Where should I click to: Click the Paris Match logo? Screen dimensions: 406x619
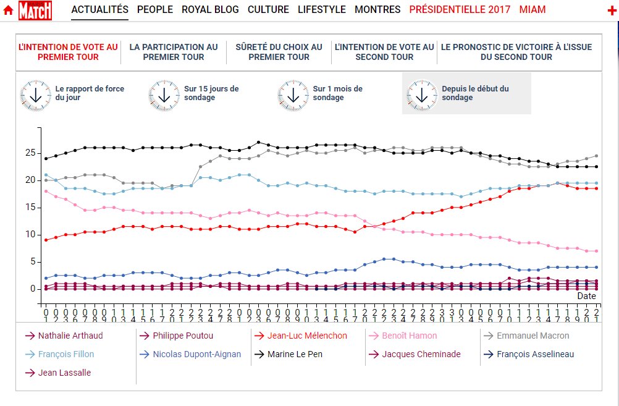coord(35,10)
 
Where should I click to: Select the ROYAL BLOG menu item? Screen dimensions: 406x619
coord(210,9)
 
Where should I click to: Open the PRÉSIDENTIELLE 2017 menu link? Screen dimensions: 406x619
coord(460,9)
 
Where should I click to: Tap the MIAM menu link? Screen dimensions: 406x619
coord(533,9)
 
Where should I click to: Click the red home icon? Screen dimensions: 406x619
coord(9,10)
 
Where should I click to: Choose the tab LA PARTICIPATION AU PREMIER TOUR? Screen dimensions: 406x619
coord(174,52)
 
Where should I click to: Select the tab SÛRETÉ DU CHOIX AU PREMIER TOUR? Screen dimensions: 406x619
coord(279,52)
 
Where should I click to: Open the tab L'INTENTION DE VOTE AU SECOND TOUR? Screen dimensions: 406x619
coord(384,52)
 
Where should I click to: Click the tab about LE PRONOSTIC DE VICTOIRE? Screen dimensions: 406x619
coord(516,52)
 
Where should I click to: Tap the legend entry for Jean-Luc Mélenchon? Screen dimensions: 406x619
coord(307,336)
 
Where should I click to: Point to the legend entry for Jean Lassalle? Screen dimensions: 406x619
coord(64,373)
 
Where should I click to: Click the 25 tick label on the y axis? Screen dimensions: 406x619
coord(29,153)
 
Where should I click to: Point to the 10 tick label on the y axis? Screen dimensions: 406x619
coord(29,234)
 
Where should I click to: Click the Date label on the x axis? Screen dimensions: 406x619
coord(586,296)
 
